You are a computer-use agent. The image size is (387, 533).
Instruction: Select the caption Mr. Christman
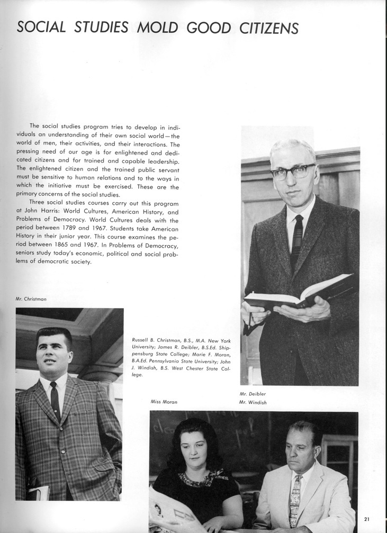tap(31, 299)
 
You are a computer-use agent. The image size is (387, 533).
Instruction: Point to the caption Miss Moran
tap(164, 402)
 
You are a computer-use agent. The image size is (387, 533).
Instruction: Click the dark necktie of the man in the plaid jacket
tap(55, 400)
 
